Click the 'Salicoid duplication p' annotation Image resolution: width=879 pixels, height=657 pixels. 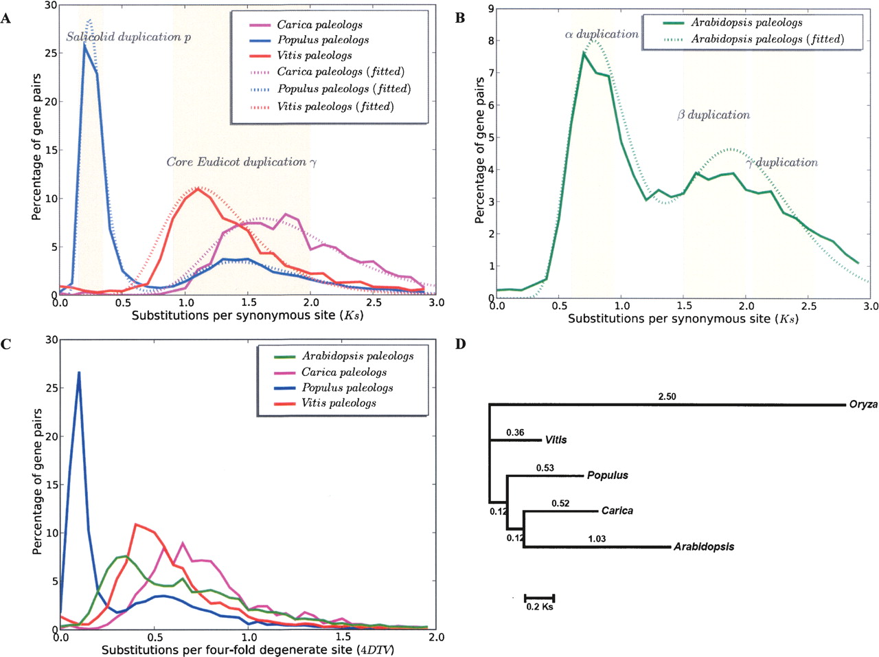tap(128, 37)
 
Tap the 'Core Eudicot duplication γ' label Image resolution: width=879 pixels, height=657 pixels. tap(242, 162)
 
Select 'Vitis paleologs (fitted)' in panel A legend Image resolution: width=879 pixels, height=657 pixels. tap(335, 107)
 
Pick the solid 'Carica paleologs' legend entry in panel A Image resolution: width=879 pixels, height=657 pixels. tap(319, 25)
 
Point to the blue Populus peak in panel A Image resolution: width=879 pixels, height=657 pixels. tap(84, 46)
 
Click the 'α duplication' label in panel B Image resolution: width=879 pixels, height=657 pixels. tap(602, 34)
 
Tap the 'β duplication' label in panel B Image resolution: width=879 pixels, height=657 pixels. tap(714, 115)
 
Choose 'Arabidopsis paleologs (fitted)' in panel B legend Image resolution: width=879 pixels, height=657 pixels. tap(767, 39)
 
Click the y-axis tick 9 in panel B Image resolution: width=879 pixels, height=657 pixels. tap(490, 9)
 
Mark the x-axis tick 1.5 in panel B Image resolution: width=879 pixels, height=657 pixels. tap(683, 306)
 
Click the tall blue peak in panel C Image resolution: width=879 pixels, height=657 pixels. tap(79, 373)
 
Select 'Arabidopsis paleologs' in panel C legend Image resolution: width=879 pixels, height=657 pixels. tap(357, 356)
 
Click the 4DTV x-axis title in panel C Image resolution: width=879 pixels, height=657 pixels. tap(248, 649)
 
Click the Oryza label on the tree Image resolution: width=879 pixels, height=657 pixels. tap(863, 405)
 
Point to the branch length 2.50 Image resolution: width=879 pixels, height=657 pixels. tap(667, 397)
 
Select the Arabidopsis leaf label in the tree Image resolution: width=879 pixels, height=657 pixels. tap(704, 547)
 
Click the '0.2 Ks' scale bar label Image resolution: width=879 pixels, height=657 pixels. tap(539, 607)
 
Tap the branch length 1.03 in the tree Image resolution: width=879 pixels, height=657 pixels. tap(597, 539)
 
